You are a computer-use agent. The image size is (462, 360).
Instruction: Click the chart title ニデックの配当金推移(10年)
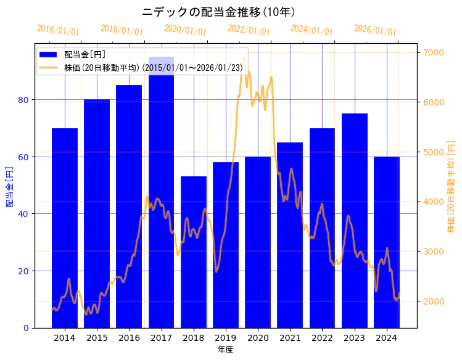point(219,12)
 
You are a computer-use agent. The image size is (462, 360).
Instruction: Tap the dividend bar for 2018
point(194,252)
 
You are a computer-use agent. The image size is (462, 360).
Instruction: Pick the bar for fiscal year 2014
point(65,228)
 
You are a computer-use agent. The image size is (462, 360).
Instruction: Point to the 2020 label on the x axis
point(258,338)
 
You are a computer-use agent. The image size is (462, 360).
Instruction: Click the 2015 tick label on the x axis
point(97,338)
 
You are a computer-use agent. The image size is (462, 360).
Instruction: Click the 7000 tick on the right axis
point(433,52)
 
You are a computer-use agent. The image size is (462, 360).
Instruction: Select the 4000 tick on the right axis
point(433,202)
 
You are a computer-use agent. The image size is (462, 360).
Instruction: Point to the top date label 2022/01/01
point(249,30)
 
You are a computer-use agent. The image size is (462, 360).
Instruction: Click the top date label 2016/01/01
point(59,30)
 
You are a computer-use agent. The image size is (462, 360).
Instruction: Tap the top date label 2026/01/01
point(376,30)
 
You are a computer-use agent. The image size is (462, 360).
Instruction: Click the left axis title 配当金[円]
point(9,186)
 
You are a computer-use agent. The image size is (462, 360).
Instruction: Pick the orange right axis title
point(451,186)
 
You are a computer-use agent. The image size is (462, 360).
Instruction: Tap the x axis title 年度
point(225,350)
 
